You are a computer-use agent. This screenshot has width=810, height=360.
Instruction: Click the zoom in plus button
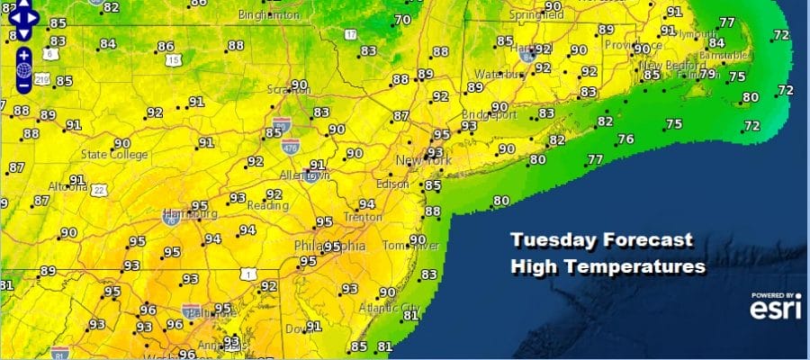click(23, 53)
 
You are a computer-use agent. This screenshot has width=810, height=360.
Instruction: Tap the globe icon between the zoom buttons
click(23, 69)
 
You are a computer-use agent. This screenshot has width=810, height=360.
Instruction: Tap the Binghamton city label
click(269, 16)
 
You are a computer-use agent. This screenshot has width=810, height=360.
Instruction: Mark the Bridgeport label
click(487, 115)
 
